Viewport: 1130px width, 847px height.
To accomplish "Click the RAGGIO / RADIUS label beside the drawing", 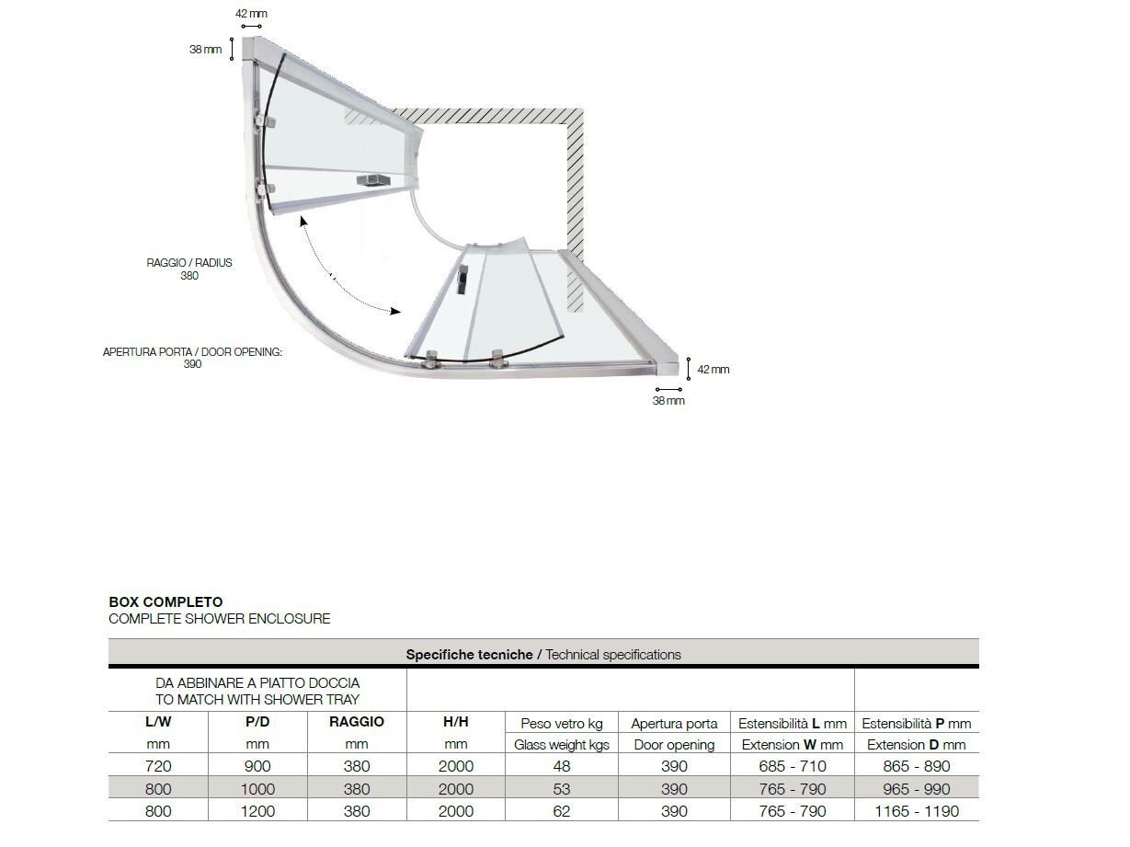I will tap(189, 269).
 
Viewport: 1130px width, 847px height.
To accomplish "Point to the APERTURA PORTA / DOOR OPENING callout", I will tap(192, 358).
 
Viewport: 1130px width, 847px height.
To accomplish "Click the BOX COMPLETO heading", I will tap(166, 602).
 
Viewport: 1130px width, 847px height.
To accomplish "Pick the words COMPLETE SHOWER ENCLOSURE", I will tap(219, 619).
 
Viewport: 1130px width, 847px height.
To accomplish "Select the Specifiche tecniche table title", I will tap(543, 655).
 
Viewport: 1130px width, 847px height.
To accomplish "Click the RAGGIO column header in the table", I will tap(356, 722).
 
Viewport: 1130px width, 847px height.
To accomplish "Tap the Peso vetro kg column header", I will tap(561, 724).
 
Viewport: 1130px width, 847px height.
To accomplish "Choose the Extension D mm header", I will tap(916, 745).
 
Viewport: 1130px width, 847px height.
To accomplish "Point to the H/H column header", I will tap(455, 722).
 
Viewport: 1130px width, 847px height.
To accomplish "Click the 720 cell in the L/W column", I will tap(158, 766).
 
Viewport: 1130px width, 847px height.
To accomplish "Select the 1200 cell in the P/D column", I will tap(257, 811).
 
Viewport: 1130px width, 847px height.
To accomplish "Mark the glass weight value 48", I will tap(561, 766).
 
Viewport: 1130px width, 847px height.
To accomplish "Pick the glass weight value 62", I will tap(561, 811).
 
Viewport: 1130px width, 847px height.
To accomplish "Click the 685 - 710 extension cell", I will tap(791, 766).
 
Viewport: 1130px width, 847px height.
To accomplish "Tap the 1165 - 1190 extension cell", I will tap(916, 811).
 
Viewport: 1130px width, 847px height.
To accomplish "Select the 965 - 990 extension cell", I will tap(916, 789).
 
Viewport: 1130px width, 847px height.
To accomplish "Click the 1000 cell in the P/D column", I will tap(257, 789).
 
